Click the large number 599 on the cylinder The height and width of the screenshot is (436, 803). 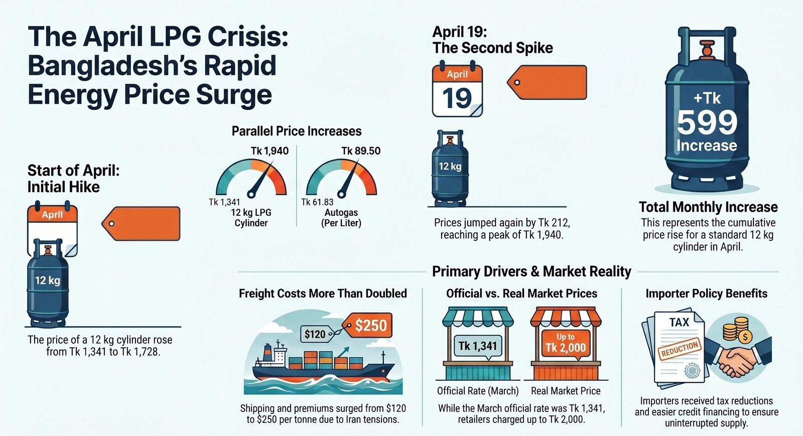pos(707,122)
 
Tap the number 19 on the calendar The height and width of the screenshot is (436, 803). pos(457,98)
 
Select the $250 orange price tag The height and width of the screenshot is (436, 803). pos(370,326)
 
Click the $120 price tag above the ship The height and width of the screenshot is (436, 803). pos(315,334)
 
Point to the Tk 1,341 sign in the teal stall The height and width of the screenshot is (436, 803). pos(477,346)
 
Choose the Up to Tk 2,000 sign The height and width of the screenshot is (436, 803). pos(566,343)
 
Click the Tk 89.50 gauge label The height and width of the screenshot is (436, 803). pos(361,151)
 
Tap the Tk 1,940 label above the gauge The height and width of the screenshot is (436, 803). pos(270,151)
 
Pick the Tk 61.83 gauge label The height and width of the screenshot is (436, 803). pos(317,202)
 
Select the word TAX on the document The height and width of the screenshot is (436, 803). pos(679,323)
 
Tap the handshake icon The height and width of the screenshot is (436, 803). pos(738,359)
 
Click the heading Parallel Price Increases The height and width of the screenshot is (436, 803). pos(296,131)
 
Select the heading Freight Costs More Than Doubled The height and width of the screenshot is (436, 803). pos(323,294)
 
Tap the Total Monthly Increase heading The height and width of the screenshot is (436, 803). pos(708,207)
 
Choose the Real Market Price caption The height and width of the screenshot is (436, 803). pos(566,391)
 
